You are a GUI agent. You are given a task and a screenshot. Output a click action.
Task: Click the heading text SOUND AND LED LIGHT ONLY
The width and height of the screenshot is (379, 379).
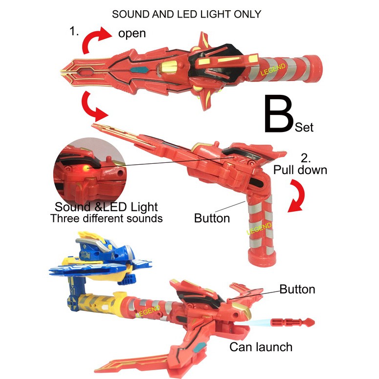coord(187,14)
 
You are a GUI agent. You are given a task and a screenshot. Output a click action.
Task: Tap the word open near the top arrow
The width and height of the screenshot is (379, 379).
coord(132,34)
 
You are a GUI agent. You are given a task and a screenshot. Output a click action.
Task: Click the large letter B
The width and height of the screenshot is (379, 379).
coord(278,114)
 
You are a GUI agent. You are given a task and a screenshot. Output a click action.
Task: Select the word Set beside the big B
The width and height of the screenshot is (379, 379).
coord(304,128)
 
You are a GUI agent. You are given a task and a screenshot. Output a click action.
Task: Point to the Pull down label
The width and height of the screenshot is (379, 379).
coord(300,170)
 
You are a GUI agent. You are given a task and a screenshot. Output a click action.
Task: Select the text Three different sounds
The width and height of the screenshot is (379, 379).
coord(106,218)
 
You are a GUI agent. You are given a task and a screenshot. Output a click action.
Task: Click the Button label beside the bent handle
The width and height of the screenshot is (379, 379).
coord(212,218)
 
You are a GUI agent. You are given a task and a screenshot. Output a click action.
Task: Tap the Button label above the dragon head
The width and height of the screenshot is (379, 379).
coord(297,289)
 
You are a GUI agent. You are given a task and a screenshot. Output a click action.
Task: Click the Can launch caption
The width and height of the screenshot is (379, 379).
coord(261,347)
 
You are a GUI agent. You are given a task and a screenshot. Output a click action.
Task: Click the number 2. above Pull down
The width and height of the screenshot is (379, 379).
coord(306,158)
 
